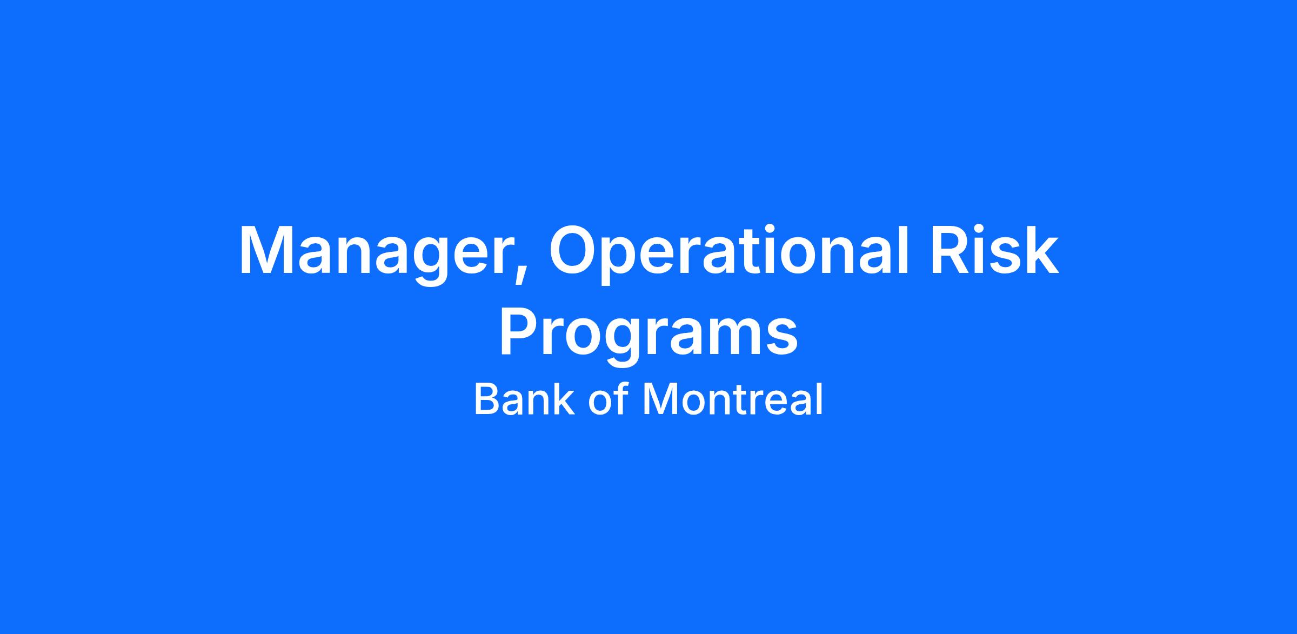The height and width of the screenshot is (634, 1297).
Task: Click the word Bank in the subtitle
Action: click(x=524, y=399)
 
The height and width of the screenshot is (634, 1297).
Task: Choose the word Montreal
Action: click(x=733, y=399)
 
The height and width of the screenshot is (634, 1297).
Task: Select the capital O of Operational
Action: click(x=574, y=250)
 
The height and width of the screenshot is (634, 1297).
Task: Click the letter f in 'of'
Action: click(x=621, y=398)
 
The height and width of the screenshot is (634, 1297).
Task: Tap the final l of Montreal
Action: click(x=820, y=398)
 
